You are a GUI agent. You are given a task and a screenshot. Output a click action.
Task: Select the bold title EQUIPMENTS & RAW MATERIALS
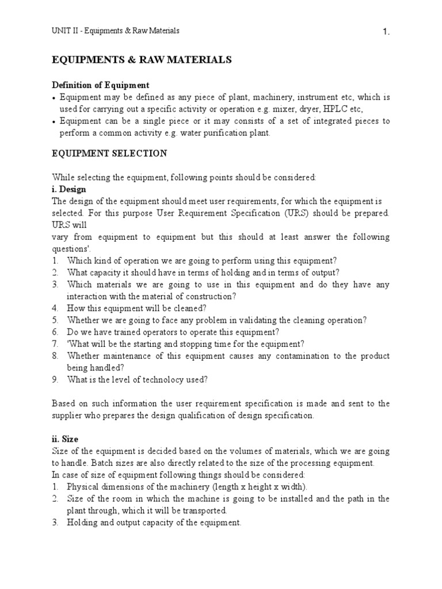pos(142,60)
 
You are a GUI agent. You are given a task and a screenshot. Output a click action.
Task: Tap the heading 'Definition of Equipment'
pos(101,85)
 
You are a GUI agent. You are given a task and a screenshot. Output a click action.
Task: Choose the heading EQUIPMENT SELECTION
pos(110,154)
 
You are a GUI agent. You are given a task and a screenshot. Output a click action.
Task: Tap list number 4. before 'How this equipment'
pos(55,308)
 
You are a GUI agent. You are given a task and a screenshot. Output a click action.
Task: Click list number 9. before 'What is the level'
pos(55,379)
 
